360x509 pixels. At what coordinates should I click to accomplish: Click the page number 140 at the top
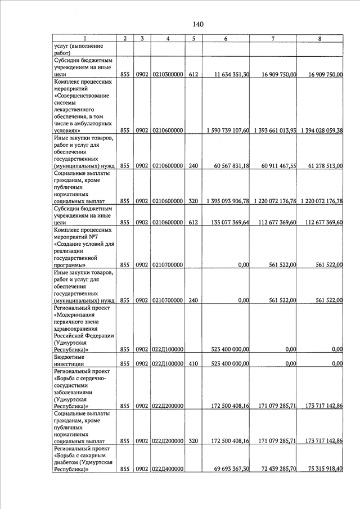coord(197,24)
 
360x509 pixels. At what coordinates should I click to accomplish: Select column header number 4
coord(168,38)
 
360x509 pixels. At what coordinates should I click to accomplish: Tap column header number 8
coord(319,38)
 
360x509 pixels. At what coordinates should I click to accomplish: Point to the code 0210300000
coord(168,74)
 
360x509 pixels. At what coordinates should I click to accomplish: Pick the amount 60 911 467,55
coord(276,166)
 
